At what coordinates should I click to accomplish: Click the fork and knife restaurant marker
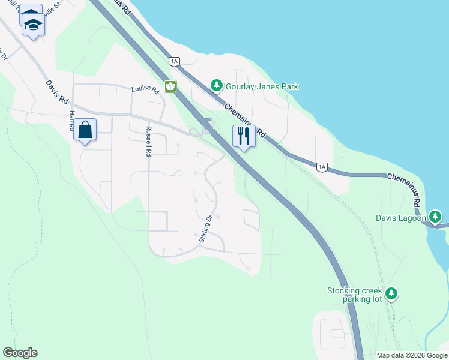click(x=244, y=136)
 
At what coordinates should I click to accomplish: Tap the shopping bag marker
click(x=85, y=130)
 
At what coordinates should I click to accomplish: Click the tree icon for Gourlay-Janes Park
click(x=216, y=86)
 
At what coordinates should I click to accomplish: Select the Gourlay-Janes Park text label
click(x=262, y=87)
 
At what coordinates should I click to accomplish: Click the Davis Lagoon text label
click(x=401, y=217)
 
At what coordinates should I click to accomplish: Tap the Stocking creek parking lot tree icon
click(x=391, y=293)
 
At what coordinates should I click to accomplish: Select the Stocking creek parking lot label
click(x=354, y=295)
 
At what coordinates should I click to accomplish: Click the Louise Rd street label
click(x=145, y=90)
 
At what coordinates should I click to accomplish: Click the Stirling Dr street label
click(x=206, y=229)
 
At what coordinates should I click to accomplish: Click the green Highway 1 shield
click(x=171, y=87)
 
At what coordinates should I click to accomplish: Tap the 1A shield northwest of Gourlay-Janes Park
click(x=175, y=61)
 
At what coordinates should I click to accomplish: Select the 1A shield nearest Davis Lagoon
click(x=322, y=167)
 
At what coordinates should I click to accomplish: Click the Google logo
click(x=20, y=353)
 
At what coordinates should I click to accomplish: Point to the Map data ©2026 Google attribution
click(x=412, y=355)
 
